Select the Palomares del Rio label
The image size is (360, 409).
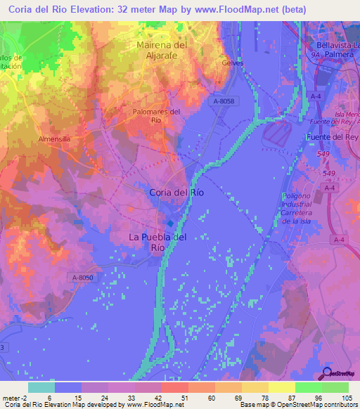(x=157, y=115)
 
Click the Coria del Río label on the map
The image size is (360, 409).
(x=181, y=192)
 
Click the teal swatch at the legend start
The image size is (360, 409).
(x=41, y=387)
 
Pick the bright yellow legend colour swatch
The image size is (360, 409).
(x=281, y=387)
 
